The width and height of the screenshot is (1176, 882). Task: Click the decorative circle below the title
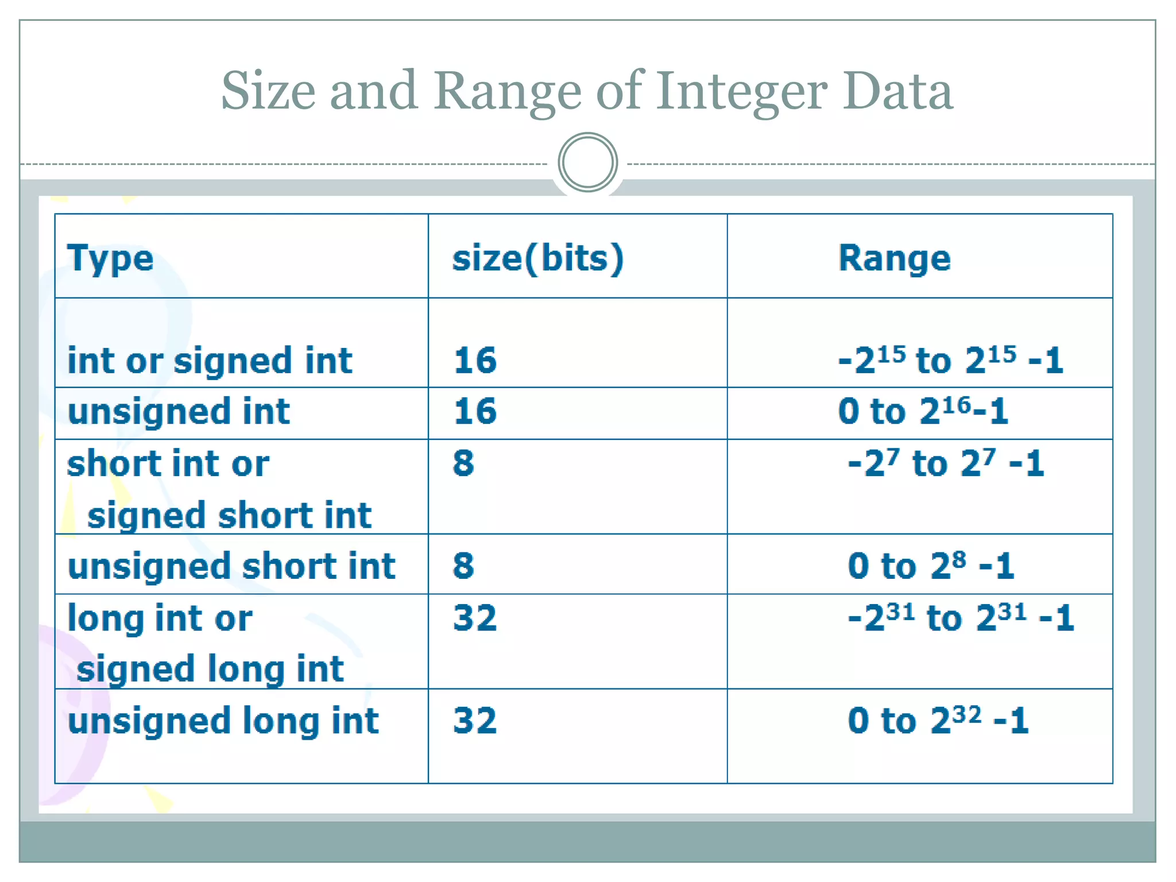click(587, 163)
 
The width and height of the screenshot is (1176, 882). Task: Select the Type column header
click(110, 258)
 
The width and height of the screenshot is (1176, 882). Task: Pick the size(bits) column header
click(537, 258)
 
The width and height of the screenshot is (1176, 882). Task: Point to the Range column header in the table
click(894, 258)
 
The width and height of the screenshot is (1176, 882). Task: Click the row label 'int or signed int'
click(210, 361)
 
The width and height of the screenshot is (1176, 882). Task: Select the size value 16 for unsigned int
click(475, 411)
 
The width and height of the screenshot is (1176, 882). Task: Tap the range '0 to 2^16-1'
click(923, 411)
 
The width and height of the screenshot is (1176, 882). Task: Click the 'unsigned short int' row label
click(231, 566)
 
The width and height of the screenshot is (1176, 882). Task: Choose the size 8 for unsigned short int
click(463, 566)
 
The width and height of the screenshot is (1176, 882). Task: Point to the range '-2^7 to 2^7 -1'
click(946, 463)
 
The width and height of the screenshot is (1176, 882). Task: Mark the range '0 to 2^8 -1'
click(931, 566)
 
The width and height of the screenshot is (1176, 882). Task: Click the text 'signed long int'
click(210, 669)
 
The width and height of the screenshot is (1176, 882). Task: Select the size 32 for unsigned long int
click(475, 721)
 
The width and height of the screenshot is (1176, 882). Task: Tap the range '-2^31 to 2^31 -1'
click(961, 618)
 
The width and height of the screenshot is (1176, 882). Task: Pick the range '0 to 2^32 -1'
click(938, 721)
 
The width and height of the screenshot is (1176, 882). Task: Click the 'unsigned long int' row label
click(223, 721)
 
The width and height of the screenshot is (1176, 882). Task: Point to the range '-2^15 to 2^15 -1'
click(950, 361)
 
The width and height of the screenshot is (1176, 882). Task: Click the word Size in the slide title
click(268, 92)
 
